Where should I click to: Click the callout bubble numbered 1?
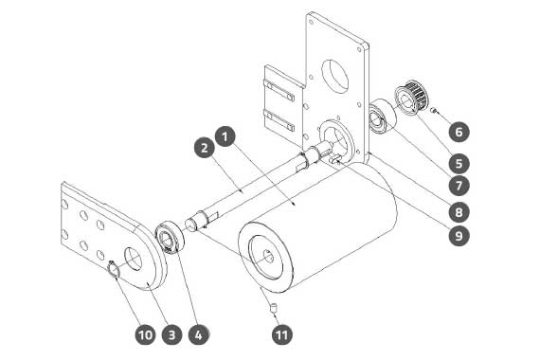tap(225, 136)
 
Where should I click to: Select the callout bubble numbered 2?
tap(205, 148)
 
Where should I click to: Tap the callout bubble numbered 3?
tap(171, 334)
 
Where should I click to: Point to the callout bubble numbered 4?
tap(199, 334)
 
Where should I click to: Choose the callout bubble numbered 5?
tap(459, 163)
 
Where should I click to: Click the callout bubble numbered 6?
tap(459, 132)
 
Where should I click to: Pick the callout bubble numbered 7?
tap(459, 186)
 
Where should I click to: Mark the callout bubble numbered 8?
tap(459, 212)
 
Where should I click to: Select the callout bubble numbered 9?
tap(459, 236)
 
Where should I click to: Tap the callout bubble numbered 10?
tap(145, 334)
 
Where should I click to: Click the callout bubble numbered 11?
tap(282, 334)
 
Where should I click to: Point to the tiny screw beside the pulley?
tap(434, 111)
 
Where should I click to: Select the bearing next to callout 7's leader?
tap(383, 116)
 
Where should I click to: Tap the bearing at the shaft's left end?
tap(171, 237)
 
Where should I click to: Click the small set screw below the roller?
tap(274, 307)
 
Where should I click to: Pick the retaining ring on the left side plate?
tap(113, 268)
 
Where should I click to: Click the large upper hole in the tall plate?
tap(335, 76)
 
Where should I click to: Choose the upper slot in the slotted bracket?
tap(279, 90)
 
